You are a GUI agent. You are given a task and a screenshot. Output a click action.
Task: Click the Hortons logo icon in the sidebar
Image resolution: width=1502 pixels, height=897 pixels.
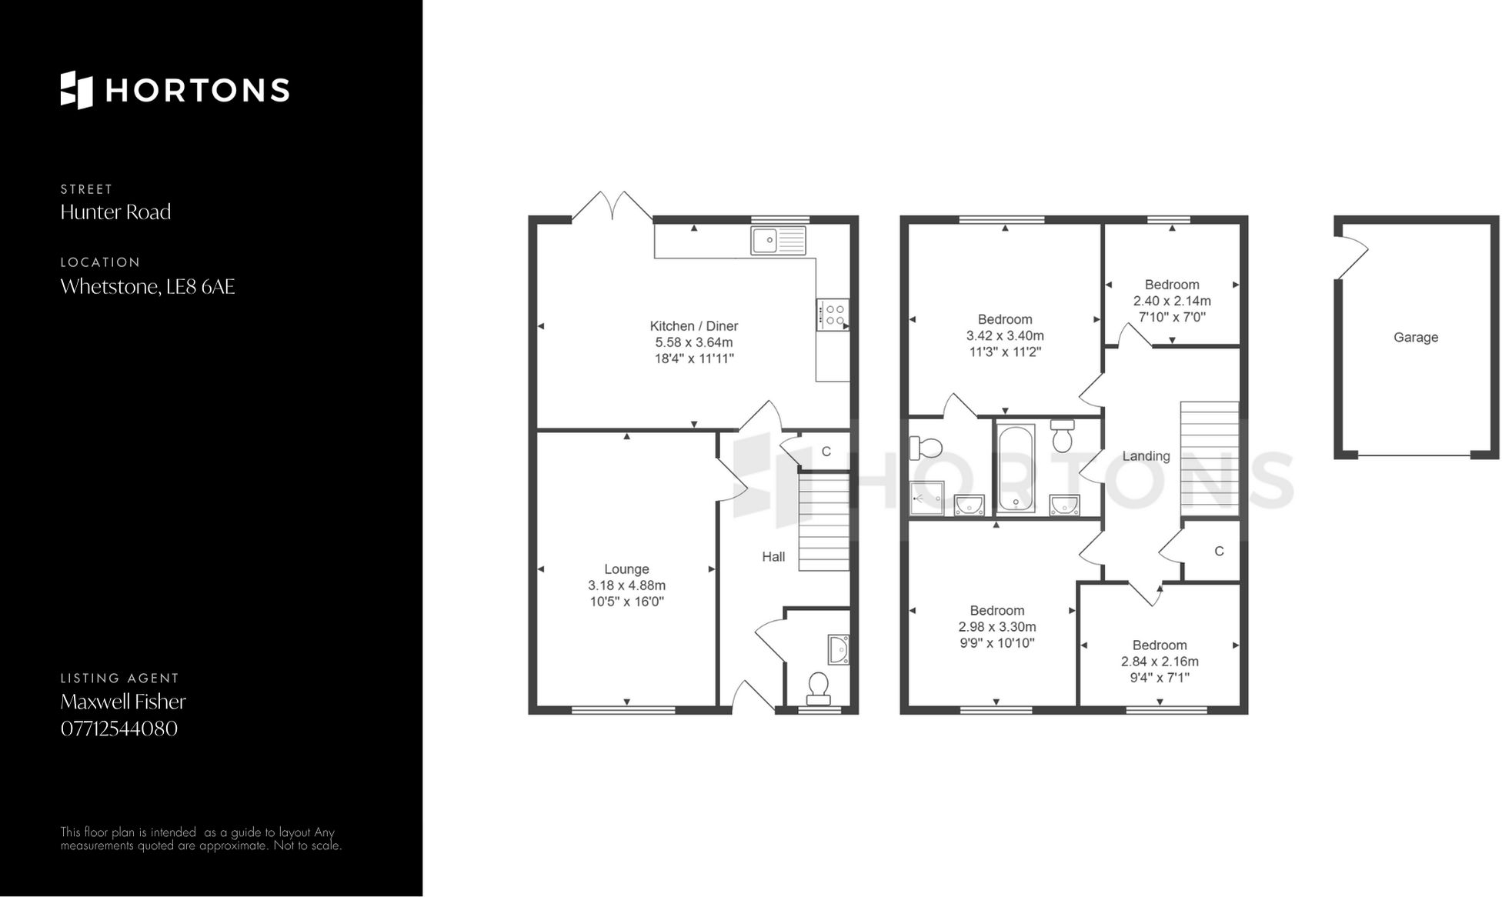(x=76, y=90)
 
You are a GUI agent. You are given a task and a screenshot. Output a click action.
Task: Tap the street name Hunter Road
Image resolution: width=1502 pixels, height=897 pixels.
(x=115, y=212)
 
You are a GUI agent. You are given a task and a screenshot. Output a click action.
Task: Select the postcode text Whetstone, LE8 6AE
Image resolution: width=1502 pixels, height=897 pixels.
(x=148, y=287)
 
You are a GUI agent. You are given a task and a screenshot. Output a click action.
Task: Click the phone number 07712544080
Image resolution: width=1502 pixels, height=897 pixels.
(x=119, y=729)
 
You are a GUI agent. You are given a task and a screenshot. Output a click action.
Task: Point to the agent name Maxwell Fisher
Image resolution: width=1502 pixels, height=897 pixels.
(x=123, y=702)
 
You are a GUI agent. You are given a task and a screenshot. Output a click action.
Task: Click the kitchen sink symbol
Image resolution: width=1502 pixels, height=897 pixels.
(x=778, y=241)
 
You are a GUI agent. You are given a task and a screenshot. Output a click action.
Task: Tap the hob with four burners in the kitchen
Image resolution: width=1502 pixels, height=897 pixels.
(x=833, y=315)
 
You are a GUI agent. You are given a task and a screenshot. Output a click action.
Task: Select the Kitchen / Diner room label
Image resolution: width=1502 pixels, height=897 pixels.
(x=693, y=326)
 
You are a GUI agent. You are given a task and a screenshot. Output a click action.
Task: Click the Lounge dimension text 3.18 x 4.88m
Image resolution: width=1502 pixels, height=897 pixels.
(x=626, y=585)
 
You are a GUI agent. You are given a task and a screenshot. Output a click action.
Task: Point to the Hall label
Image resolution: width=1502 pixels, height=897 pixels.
(x=773, y=557)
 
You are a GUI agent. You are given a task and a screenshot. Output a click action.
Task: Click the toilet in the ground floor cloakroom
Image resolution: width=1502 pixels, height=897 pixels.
(x=818, y=687)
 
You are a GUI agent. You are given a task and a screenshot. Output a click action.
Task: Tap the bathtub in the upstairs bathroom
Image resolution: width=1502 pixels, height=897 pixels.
(x=1016, y=469)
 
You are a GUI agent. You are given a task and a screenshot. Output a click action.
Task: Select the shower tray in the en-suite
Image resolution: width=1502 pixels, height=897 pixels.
(x=926, y=498)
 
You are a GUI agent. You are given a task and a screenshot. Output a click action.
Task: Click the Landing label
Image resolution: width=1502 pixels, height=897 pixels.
(x=1146, y=456)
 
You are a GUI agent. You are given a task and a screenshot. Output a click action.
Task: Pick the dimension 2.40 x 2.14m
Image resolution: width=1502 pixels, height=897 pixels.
(x=1171, y=301)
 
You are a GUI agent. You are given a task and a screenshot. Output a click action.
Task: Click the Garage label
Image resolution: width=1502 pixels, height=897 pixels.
(x=1415, y=337)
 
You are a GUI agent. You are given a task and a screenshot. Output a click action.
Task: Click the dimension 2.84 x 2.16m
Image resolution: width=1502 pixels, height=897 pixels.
(x=1159, y=662)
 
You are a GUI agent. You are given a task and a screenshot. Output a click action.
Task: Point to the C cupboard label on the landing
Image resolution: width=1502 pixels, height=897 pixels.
(x=1219, y=552)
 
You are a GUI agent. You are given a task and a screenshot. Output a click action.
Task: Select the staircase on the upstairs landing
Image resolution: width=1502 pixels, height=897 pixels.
(x=1210, y=459)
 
